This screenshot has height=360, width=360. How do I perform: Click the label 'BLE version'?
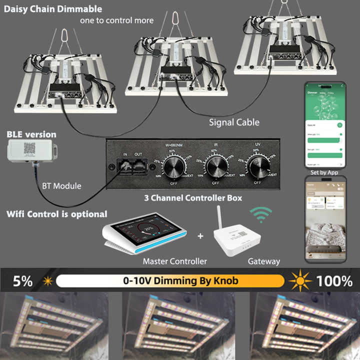click(31, 134)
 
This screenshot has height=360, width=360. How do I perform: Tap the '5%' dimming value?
click(22, 281)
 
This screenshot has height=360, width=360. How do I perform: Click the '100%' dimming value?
click(334, 281)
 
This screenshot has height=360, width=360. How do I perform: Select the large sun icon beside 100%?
click(299, 280)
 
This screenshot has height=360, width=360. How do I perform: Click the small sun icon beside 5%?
click(48, 281)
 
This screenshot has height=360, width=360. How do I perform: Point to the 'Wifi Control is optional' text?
click(56, 214)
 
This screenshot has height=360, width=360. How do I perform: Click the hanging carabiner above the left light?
click(64, 36)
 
